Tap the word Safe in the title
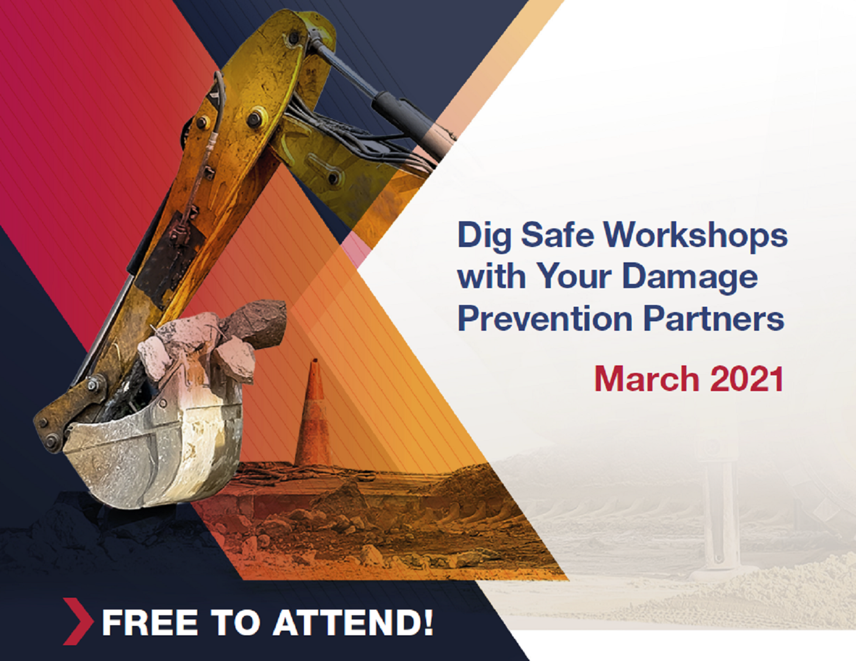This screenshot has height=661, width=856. (x=557, y=235)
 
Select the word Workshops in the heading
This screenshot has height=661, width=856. (x=696, y=235)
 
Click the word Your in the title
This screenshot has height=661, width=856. (x=574, y=276)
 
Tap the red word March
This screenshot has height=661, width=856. (x=646, y=379)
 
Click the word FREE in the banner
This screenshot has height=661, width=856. (x=150, y=622)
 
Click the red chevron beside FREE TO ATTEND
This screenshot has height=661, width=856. (x=78, y=621)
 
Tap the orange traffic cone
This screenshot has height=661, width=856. (x=313, y=413)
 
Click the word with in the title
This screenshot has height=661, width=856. (x=492, y=276)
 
